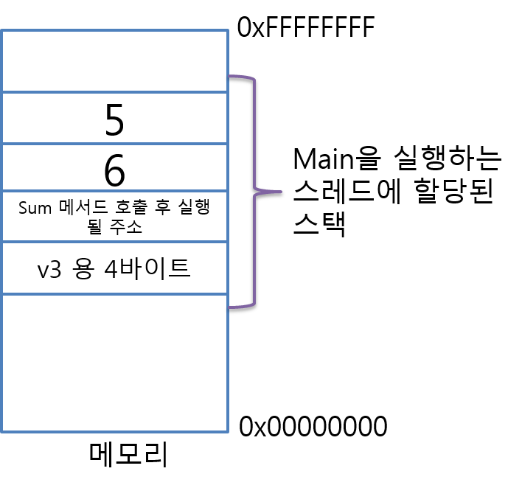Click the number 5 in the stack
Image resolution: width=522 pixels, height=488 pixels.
(x=114, y=120)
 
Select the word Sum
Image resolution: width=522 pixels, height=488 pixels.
(x=33, y=208)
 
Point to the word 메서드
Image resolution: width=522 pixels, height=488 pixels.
(x=79, y=208)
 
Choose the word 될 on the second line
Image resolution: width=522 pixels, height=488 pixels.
(x=96, y=227)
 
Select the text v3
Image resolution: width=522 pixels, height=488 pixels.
(x=49, y=269)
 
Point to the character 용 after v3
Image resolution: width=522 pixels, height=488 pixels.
(x=83, y=269)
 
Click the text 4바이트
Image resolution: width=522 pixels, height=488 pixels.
(x=147, y=269)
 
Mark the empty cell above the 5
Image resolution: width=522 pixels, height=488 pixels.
(x=114, y=61)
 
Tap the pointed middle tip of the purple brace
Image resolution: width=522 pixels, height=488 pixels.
(x=279, y=192)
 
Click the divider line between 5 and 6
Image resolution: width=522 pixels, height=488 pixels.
(x=114, y=144)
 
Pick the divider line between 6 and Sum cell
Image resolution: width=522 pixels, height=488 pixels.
(x=114, y=190)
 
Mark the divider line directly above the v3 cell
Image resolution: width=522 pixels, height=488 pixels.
(x=114, y=241)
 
